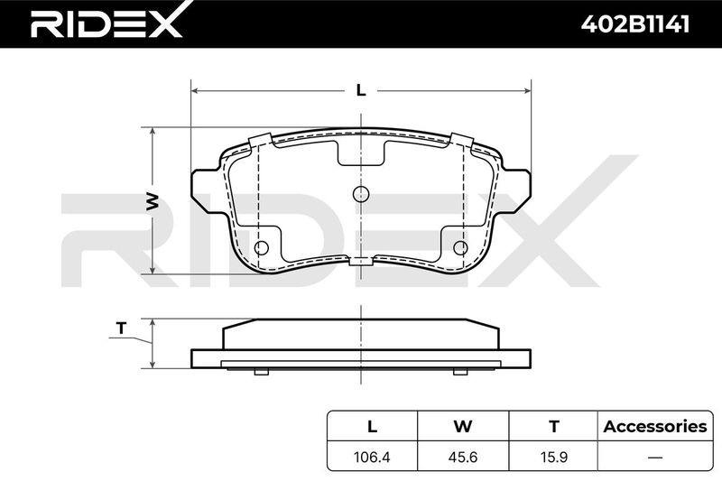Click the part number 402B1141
[635, 23]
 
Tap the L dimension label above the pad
[362, 90]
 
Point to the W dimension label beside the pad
[153, 202]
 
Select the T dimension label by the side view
[121, 328]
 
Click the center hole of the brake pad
[361, 194]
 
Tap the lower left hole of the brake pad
[262, 247]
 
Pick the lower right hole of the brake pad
[460, 247]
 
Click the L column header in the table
[372, 426]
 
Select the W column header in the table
[463, 426]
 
